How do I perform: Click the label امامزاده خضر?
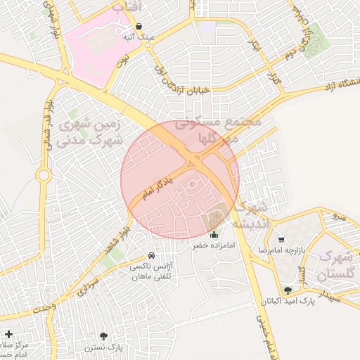(x=213, y=247)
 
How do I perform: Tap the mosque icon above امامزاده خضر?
(x=214, y=235)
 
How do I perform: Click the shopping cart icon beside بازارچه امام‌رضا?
(x=281, y=240)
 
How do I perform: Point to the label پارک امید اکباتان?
(x=288, y=302)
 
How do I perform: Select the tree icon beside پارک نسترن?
(x=104, y=336)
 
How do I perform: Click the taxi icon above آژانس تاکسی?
(x=153, y=255)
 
